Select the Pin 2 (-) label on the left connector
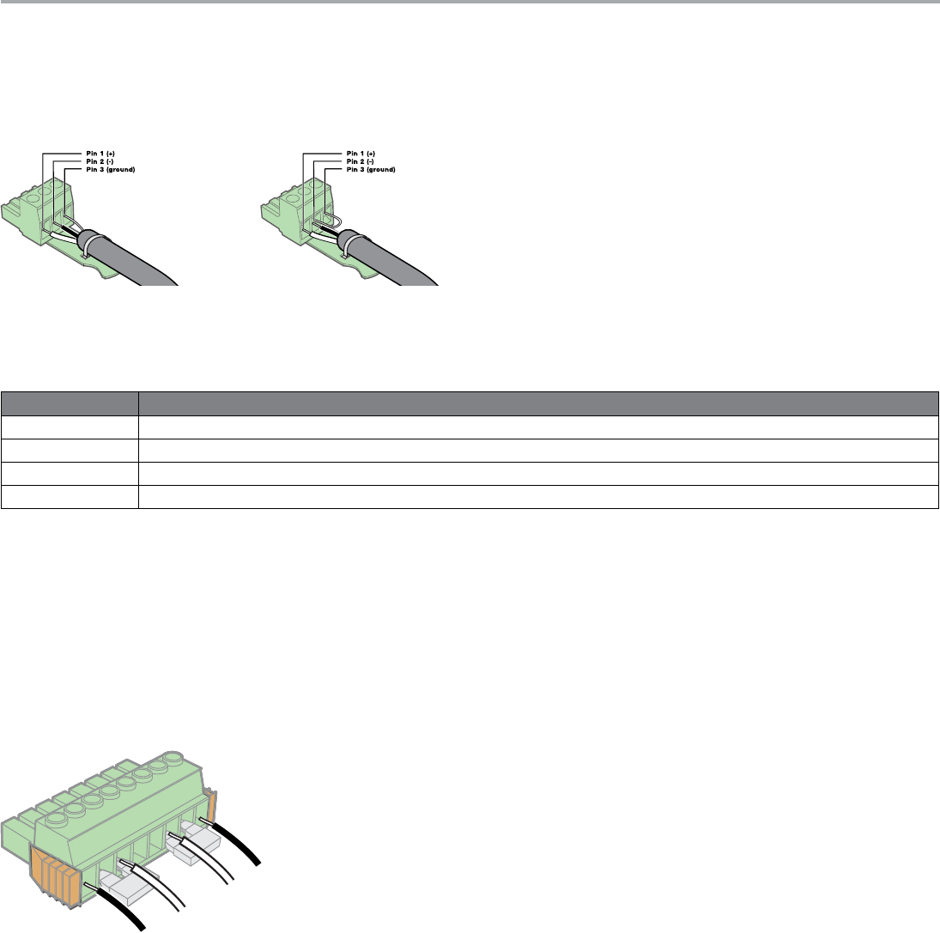coord(99,161)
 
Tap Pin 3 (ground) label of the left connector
coord(111,170)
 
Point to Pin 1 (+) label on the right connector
coord(361,153)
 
